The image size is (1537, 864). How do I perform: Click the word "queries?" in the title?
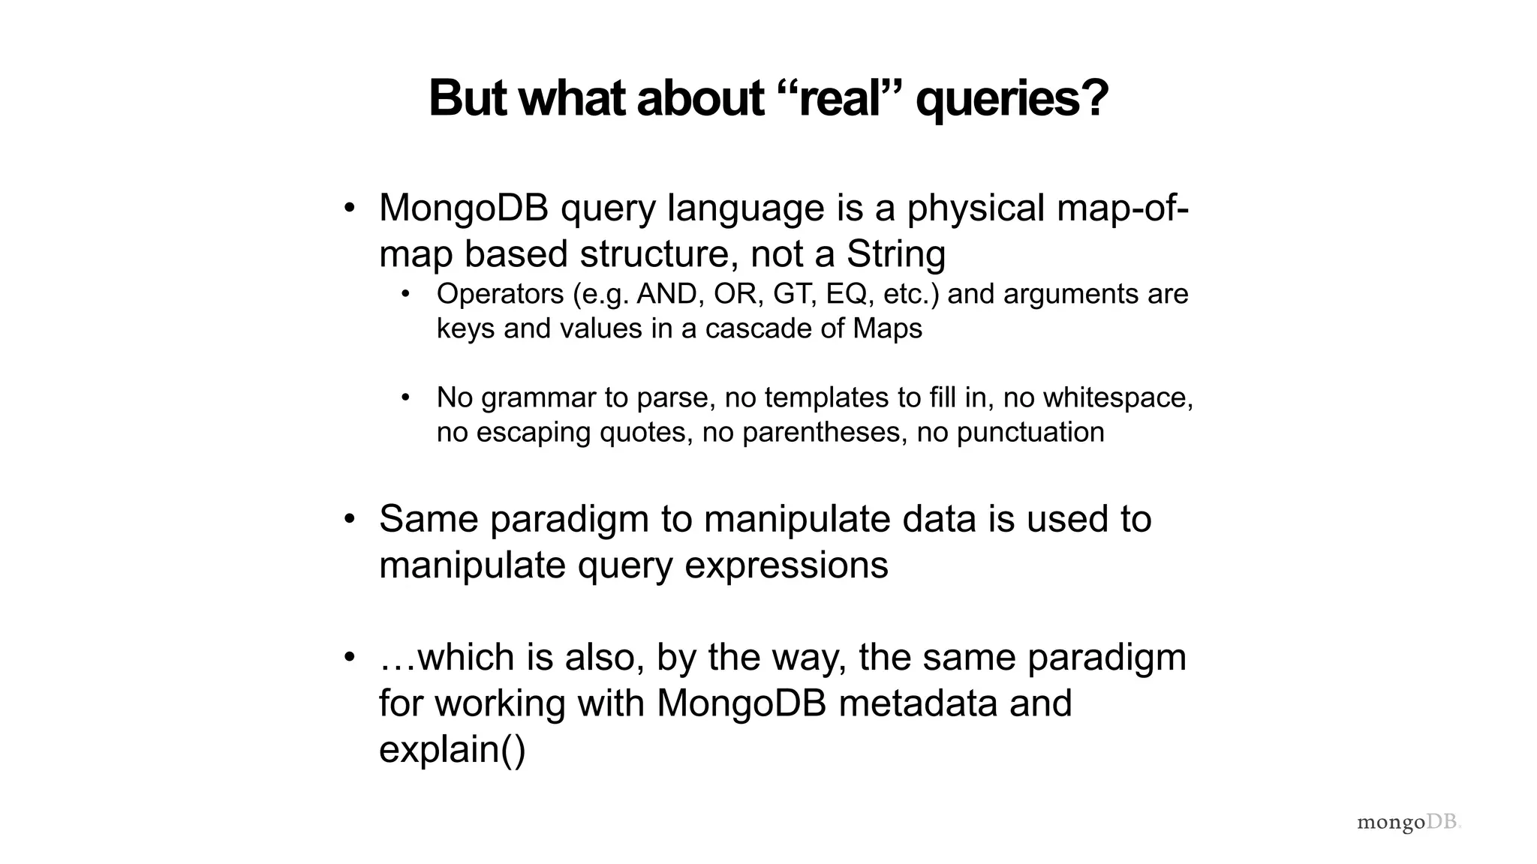(x=1012, y=99)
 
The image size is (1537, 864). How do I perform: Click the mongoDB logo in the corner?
(x=1408, y=822)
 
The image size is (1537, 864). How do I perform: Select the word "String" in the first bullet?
(x=895, y=253)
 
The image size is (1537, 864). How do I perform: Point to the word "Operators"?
(x=500, y=294)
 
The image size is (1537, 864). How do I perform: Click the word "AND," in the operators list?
(x=670, y=294)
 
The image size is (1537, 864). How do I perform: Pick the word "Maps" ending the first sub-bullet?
(x=887, y=328)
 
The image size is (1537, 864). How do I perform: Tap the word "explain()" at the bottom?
(x=453, y=748)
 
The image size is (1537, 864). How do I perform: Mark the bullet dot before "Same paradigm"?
(x=349, y=519)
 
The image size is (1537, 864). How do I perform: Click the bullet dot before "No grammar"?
(x=405, y=397)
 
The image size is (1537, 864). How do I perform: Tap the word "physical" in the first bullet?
(x=976, y=208)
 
